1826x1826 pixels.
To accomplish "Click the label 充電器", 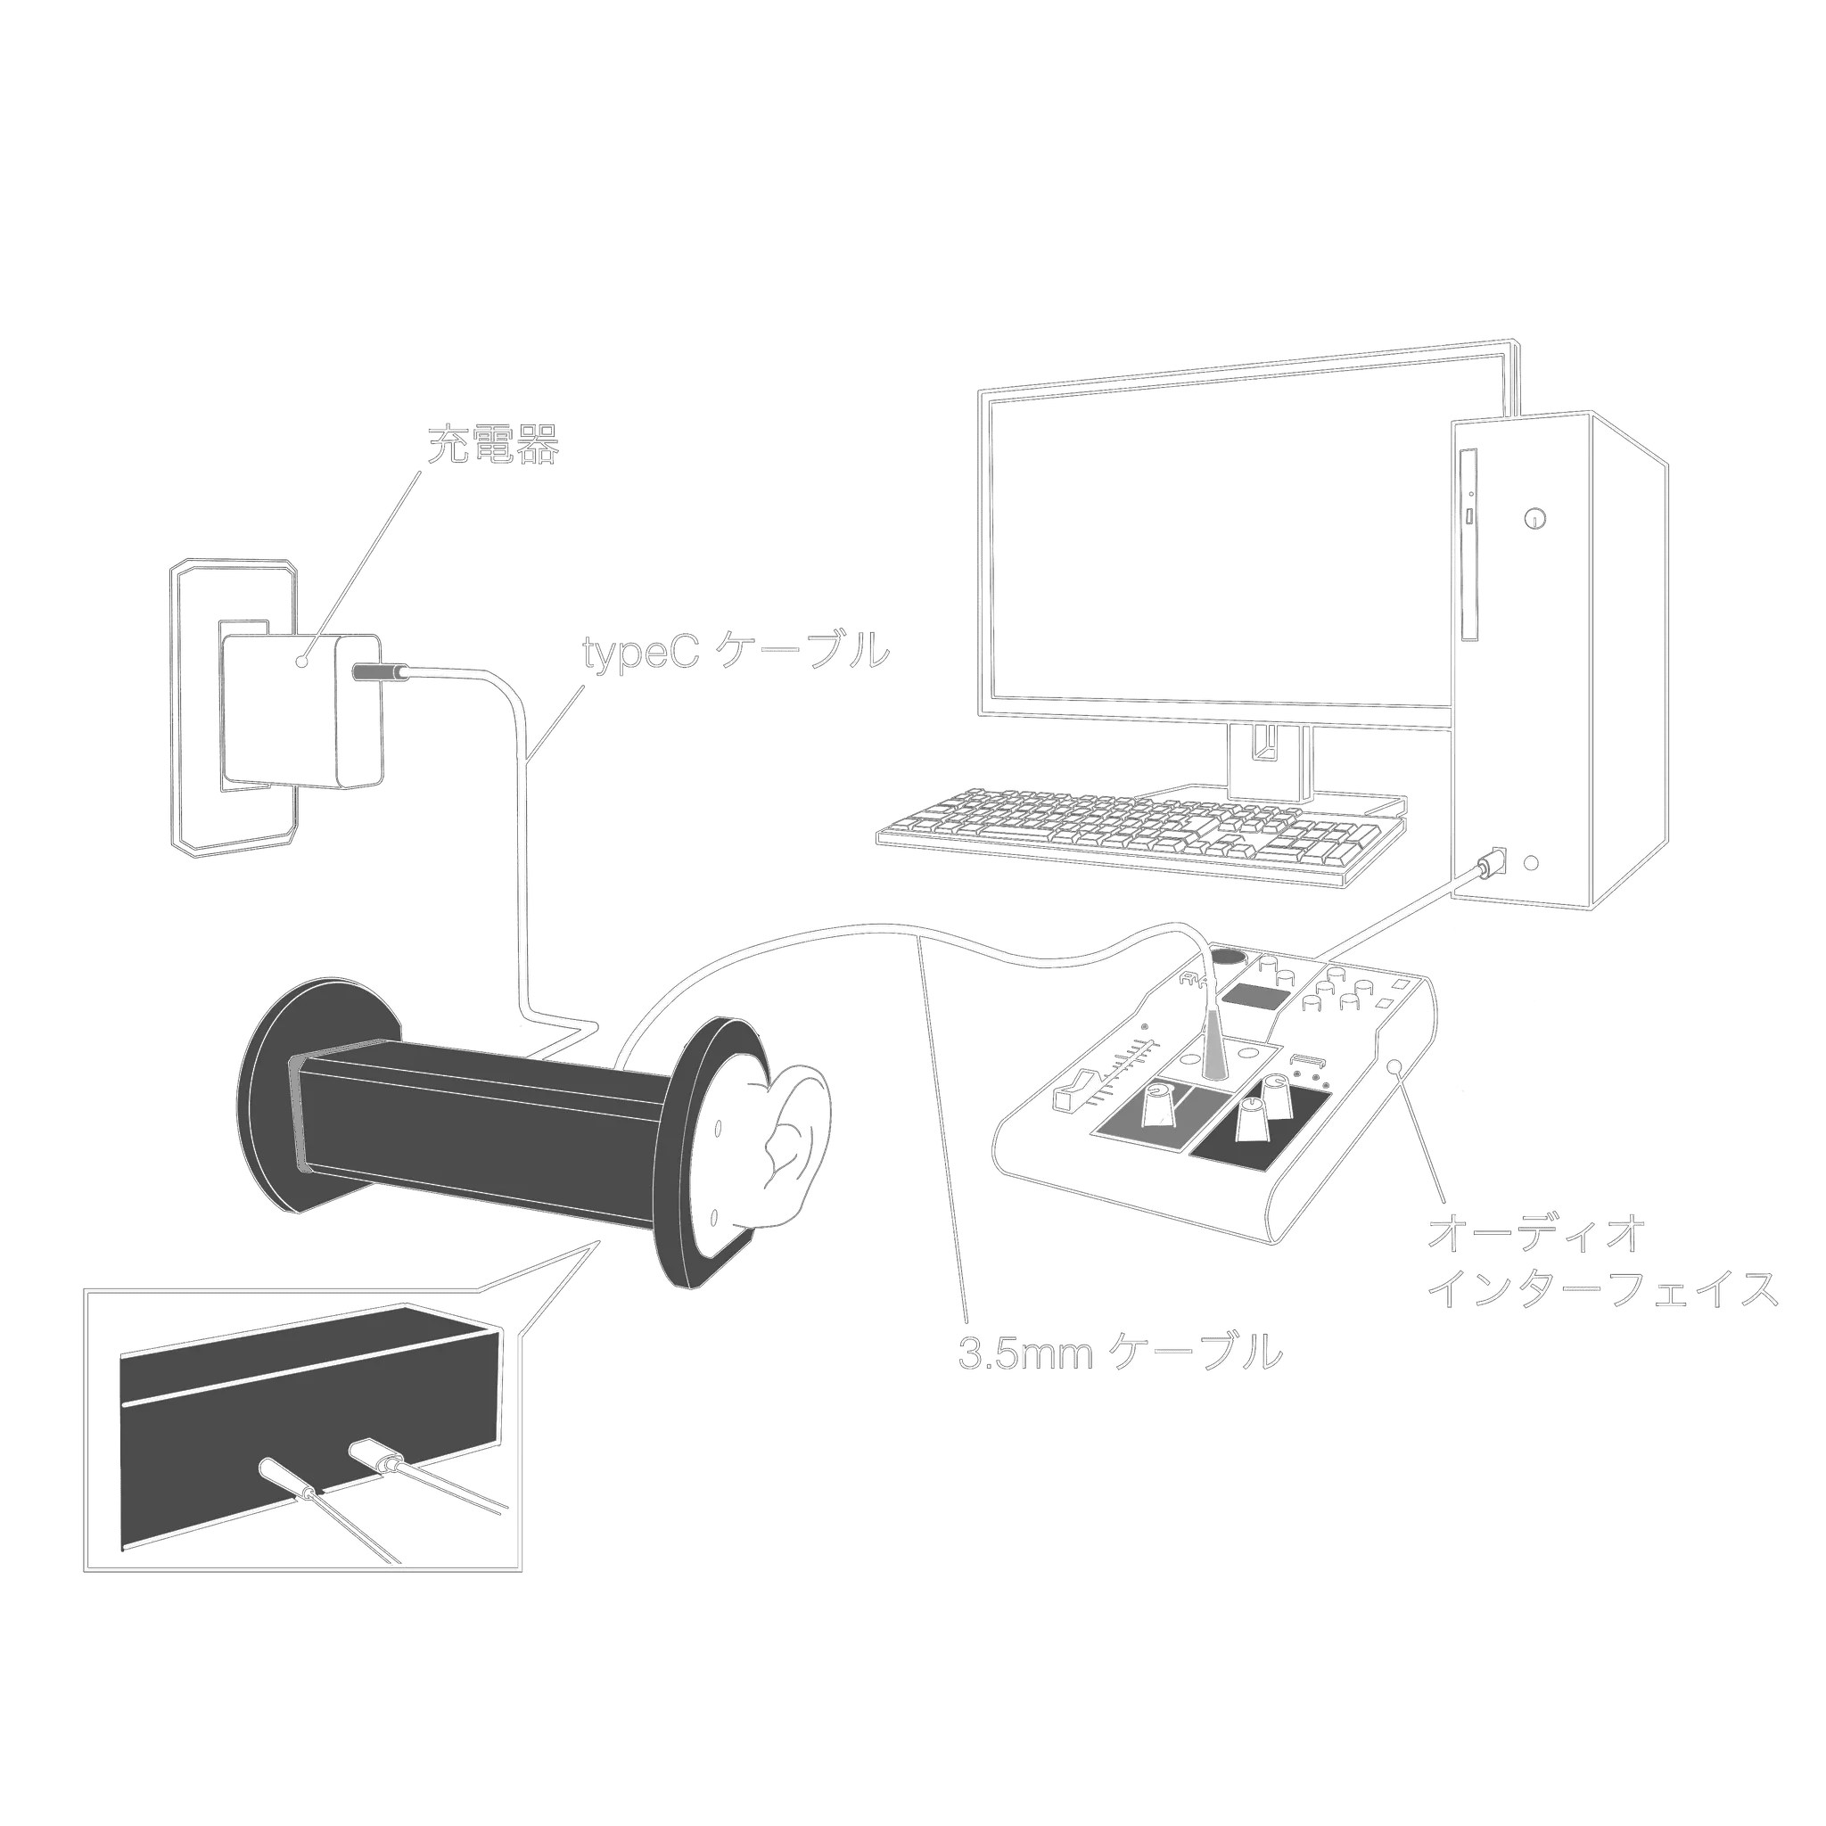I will click(492, 445).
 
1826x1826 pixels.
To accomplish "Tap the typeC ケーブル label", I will click(736, 651).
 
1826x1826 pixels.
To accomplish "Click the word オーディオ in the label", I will click(1537, 1234).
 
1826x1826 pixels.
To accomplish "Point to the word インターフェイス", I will click(1603, 1291).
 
